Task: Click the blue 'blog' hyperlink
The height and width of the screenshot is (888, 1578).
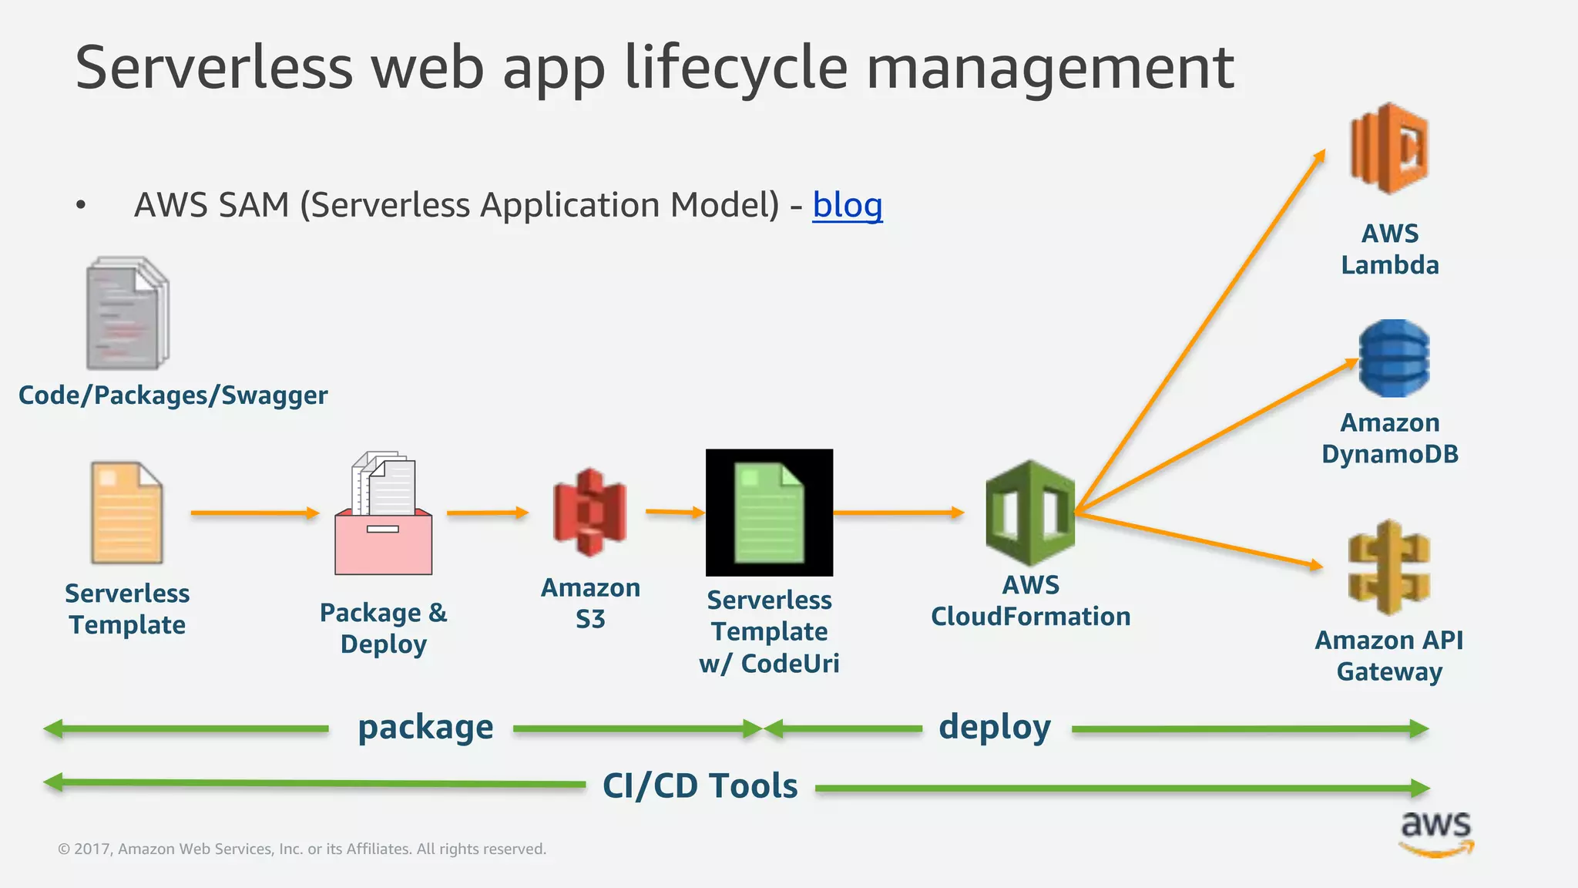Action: (x=847, y=206)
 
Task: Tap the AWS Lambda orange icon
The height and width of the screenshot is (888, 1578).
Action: (x=1388, y=148)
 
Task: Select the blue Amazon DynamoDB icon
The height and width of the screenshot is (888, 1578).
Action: (x=1393, y=358)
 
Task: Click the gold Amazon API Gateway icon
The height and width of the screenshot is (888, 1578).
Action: (x=1388, y=568)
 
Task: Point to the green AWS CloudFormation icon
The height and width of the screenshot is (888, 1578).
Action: (x=1029, y=513)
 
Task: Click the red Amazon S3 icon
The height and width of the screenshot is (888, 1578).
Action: (x=589, y=513)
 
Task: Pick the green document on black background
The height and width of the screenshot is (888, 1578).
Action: (x=769, y=513)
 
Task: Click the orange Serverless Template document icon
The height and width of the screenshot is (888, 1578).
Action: (x=126, y=513)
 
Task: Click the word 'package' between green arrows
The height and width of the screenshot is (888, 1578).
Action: (x=425, y=728)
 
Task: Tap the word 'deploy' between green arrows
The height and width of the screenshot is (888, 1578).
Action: (x=994, y=728)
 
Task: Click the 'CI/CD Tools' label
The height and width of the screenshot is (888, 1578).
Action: (x=700, y=786)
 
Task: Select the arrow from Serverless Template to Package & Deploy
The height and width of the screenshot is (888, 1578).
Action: (x=254, y=513)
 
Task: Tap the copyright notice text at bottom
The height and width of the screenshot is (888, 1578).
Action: (x=302, y=849)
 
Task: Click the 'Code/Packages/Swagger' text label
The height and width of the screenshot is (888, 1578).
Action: (x=173, y=395)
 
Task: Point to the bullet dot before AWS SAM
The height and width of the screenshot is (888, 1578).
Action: (x=81, y=206)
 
